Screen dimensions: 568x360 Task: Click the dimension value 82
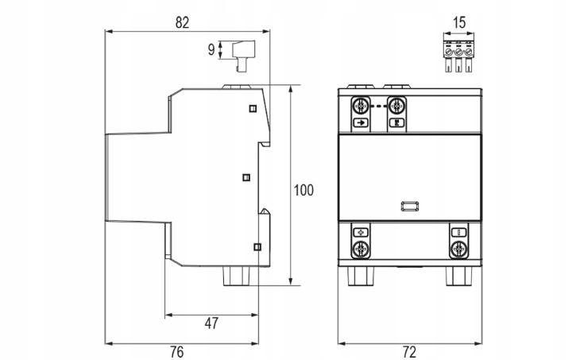(182, 22)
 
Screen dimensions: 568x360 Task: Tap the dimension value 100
(303, 191)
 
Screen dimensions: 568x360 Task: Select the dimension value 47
(211, 323)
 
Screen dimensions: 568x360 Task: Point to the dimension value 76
(177, 352)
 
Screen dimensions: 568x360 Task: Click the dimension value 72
(409, 352)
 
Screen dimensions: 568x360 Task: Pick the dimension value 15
(459, 22)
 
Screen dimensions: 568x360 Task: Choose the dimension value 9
(211, 49)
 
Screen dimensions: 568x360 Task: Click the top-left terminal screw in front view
(361, 106)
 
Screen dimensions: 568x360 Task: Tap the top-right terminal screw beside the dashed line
(396, 106)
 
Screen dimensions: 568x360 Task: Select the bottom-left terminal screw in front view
(361, 250)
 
